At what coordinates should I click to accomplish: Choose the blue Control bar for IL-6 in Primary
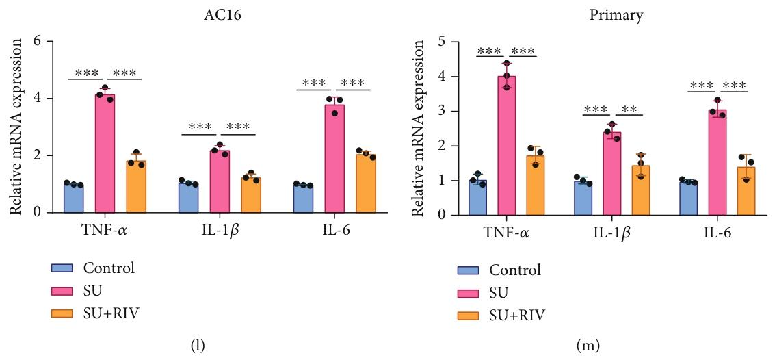pos(687,198)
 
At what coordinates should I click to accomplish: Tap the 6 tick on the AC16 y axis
pos(38,42)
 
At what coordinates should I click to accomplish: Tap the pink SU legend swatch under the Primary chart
pos(469,293)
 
